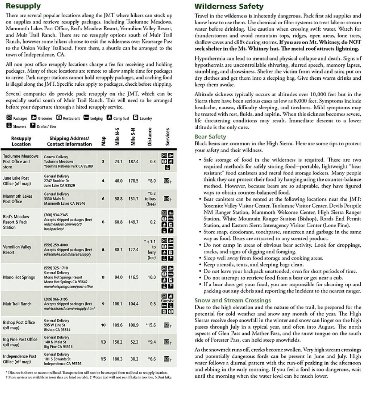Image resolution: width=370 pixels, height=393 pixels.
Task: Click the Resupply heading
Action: point(23,6)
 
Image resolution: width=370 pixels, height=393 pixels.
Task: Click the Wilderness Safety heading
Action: point(229,6)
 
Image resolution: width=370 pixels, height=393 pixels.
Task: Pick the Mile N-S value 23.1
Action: point(119,161)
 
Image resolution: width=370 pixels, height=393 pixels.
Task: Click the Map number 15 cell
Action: point(103,359)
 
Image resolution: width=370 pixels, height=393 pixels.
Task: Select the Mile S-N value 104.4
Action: point(133,304)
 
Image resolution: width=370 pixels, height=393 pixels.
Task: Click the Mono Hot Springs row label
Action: point(19,277)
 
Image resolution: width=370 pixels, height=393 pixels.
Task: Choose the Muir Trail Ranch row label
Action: point(17,304)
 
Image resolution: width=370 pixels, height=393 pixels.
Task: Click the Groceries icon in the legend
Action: point(34,118)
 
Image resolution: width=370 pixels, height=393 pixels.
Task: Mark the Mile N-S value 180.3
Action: point(118,359)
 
